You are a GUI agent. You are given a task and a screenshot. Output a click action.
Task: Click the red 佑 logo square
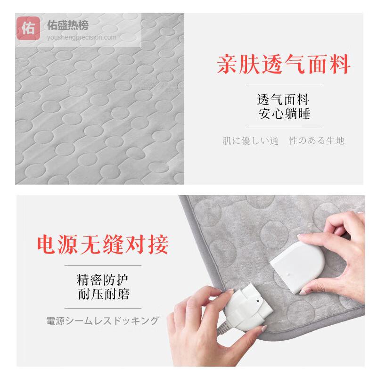(x=28, y=28)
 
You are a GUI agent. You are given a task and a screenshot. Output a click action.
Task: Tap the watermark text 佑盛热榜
(x=68, y=25)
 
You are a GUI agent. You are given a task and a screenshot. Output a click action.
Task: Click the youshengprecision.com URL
(x=82, y=38)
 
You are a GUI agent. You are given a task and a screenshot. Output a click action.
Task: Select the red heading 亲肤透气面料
(x=283, y=64)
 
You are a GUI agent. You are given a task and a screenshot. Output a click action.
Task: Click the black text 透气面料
(x=283, y=99)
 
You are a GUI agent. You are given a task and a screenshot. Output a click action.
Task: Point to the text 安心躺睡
(x=284, y=114)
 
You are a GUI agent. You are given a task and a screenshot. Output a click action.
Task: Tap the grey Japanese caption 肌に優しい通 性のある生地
(x=284, y=140)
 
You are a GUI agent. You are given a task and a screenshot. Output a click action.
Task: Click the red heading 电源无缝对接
(x=103, y=245)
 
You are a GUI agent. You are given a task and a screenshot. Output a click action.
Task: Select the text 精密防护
(x=102, y=279)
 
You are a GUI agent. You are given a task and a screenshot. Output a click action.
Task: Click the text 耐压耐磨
(x=104, y=294)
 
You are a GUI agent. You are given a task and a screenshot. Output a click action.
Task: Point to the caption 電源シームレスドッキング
(x=103, y=321)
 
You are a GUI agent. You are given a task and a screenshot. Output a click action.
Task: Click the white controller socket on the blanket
(x=297, y=267)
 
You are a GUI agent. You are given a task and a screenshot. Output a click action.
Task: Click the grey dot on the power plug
(x=258, y=301)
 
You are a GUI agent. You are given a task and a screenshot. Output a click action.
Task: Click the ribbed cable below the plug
(x=223, y=328)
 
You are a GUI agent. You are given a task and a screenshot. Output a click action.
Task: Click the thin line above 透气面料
(x=284, y=85)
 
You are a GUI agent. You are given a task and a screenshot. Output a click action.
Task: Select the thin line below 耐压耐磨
(x=103, y=308)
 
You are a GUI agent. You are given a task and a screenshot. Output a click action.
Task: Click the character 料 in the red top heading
(x=340, y=64)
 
